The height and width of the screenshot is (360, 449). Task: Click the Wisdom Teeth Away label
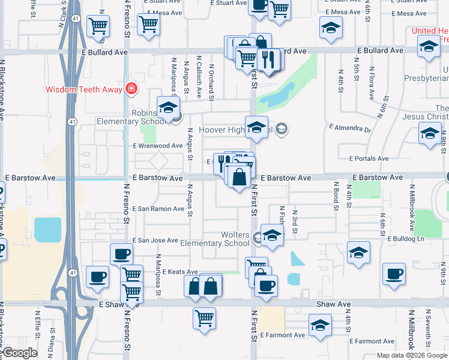tap(84, 91)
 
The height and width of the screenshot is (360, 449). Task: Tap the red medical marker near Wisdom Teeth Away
tap(131, 90)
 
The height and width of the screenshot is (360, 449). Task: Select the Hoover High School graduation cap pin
tap(256, 128)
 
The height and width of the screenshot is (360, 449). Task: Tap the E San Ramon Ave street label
tap(158, 209)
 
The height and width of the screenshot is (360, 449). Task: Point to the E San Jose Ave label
tap(155, 240)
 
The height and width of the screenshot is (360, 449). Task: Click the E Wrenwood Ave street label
tap(158, 146)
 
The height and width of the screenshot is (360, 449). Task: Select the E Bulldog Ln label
tap(406, 239)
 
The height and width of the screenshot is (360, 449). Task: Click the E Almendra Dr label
tap(351, 129)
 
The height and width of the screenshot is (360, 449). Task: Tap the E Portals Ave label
tap(370, 158)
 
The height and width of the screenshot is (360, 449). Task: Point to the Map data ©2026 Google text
tap(411, 355)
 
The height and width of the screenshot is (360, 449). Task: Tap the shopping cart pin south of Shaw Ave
tap(204, 317)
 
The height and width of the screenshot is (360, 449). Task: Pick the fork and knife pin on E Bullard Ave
tap(268, 59)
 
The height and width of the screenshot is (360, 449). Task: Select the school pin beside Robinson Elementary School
tap(169, 109)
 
